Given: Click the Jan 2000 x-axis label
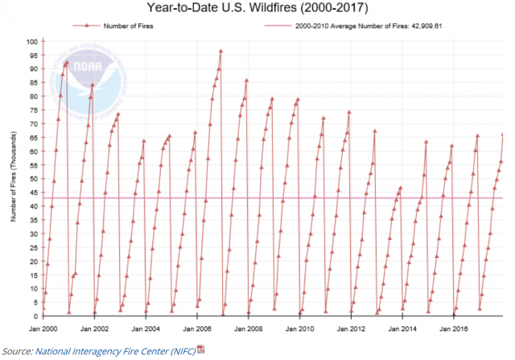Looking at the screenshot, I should pyautogui.click(x=43, y=329).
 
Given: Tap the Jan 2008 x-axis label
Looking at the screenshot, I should pyautogui.click(x=248, y=329).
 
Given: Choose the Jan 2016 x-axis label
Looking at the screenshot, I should pyautogui.click(x=453, y=329).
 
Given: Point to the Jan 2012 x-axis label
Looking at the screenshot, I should pyautogui.click(x=351, y=329).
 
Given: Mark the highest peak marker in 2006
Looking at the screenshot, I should pyautogui.click(x=220, y=51).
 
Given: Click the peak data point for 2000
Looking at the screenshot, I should pyautogui.click(x=66, y=62).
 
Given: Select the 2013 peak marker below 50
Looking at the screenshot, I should pyautogui.click(x=400, y=188).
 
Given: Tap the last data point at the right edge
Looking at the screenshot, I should pyautogui.click(x=504, y=134).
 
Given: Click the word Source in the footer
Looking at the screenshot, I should pyautogui.click(x=16, y=351).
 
